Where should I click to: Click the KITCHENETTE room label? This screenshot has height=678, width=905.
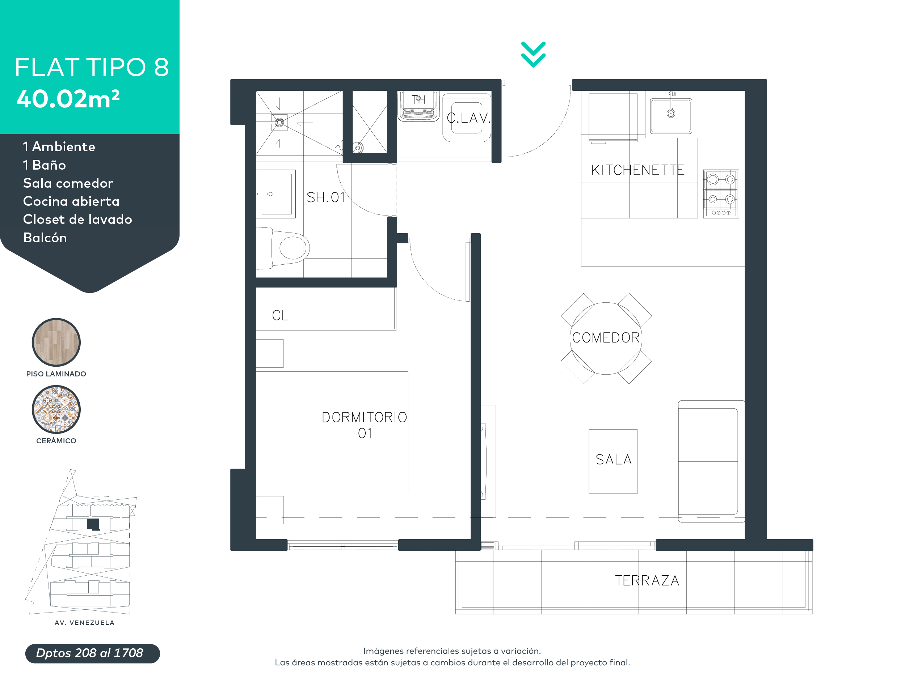tap(637, 170)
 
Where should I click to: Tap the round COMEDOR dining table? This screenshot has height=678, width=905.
tap(606, 338)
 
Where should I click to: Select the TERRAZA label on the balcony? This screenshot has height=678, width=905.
tap(647, 580)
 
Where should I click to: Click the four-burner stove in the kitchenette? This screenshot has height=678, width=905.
tap(721, 194)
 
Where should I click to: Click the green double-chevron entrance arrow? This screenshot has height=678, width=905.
tap(533, 54)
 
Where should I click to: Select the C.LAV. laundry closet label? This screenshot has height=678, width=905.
tap(468, 118)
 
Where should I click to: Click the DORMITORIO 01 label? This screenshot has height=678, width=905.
tap(364, 425)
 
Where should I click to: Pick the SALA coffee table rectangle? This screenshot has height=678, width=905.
tap(613, 461)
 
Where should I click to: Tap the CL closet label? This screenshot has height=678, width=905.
tap(280, 315)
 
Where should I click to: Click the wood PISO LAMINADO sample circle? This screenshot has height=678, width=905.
tap(56, 342)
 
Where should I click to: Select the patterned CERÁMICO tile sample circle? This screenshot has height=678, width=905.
tap(56, 409)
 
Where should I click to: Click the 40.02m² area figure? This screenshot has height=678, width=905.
tap(68, 99)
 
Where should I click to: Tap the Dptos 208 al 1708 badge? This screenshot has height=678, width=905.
tap(92, 653)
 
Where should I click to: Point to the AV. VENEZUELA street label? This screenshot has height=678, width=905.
tap(84, 622)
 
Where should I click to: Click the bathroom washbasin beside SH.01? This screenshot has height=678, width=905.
tap(276, 194)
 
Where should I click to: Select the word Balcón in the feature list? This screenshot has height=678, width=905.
tap(45, 238)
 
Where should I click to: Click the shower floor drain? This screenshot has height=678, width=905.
tap(279, 122)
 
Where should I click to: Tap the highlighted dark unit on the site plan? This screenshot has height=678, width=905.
tap(93, 524)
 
